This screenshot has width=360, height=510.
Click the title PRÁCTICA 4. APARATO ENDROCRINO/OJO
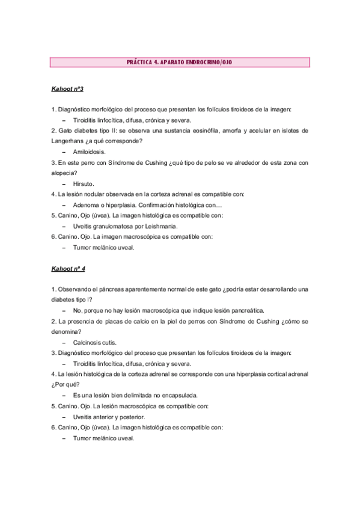click(x=180, y=62)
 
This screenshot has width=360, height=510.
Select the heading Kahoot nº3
click(x=67, y=89)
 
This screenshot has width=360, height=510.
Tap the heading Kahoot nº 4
click(x=69, y=269)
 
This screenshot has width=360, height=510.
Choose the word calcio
click(x=155, y=321)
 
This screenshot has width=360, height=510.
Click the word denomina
click(x=68, y=332)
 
